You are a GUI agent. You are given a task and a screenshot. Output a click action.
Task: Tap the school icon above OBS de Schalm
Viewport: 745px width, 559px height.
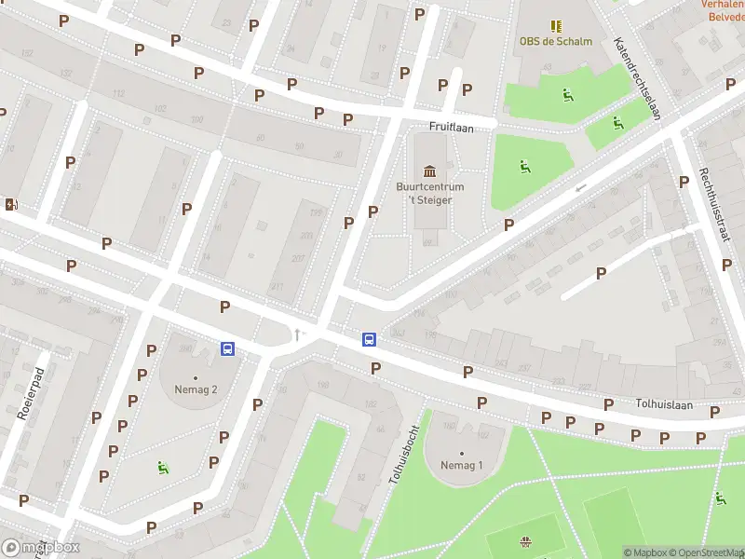[556, 26]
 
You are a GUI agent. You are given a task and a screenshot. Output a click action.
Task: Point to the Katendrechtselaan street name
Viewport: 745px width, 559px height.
[637, 78]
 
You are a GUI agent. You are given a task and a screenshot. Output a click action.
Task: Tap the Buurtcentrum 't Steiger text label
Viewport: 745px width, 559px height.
[430, 193]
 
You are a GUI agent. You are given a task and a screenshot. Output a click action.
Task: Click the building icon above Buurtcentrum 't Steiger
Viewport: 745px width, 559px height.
[429, 170]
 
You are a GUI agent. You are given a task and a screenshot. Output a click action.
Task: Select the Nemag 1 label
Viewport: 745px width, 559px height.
[462, 465]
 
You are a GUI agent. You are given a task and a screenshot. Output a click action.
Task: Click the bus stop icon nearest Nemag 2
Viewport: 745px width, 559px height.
[227, 348]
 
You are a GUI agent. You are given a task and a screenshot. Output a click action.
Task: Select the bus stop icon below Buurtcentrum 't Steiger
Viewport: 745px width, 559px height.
[369, 340]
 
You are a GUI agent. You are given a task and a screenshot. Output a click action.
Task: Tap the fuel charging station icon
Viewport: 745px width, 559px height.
[10, 205]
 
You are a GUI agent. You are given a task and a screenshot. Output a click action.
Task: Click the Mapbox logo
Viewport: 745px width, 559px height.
[40, 548]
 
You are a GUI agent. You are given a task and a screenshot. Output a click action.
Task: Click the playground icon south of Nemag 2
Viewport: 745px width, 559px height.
[163, 468]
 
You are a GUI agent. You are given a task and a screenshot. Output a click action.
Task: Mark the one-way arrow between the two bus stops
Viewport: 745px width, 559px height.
[297, 334]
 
